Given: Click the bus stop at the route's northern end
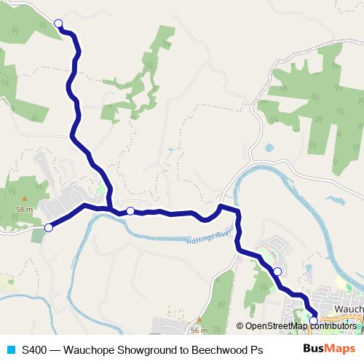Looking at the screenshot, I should (x=58, y=23).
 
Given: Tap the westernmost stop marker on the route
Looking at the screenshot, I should (x=49, y=228).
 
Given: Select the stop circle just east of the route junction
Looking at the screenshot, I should (x=130, y=211).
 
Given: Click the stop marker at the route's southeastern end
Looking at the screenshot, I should (x=314, y=320).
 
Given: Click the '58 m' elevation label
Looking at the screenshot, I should (x=24, y=209).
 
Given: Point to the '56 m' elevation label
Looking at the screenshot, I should (x=199, y=330).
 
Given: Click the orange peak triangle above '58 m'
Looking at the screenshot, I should (x=24, y=198).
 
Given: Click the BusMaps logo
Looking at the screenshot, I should (x=324, y=349).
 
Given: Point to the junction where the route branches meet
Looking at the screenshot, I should (x=110, y=210).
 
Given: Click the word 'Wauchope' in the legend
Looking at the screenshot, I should (x=90, y=349).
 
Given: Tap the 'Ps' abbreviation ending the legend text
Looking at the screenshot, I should (x=256, y=349).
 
